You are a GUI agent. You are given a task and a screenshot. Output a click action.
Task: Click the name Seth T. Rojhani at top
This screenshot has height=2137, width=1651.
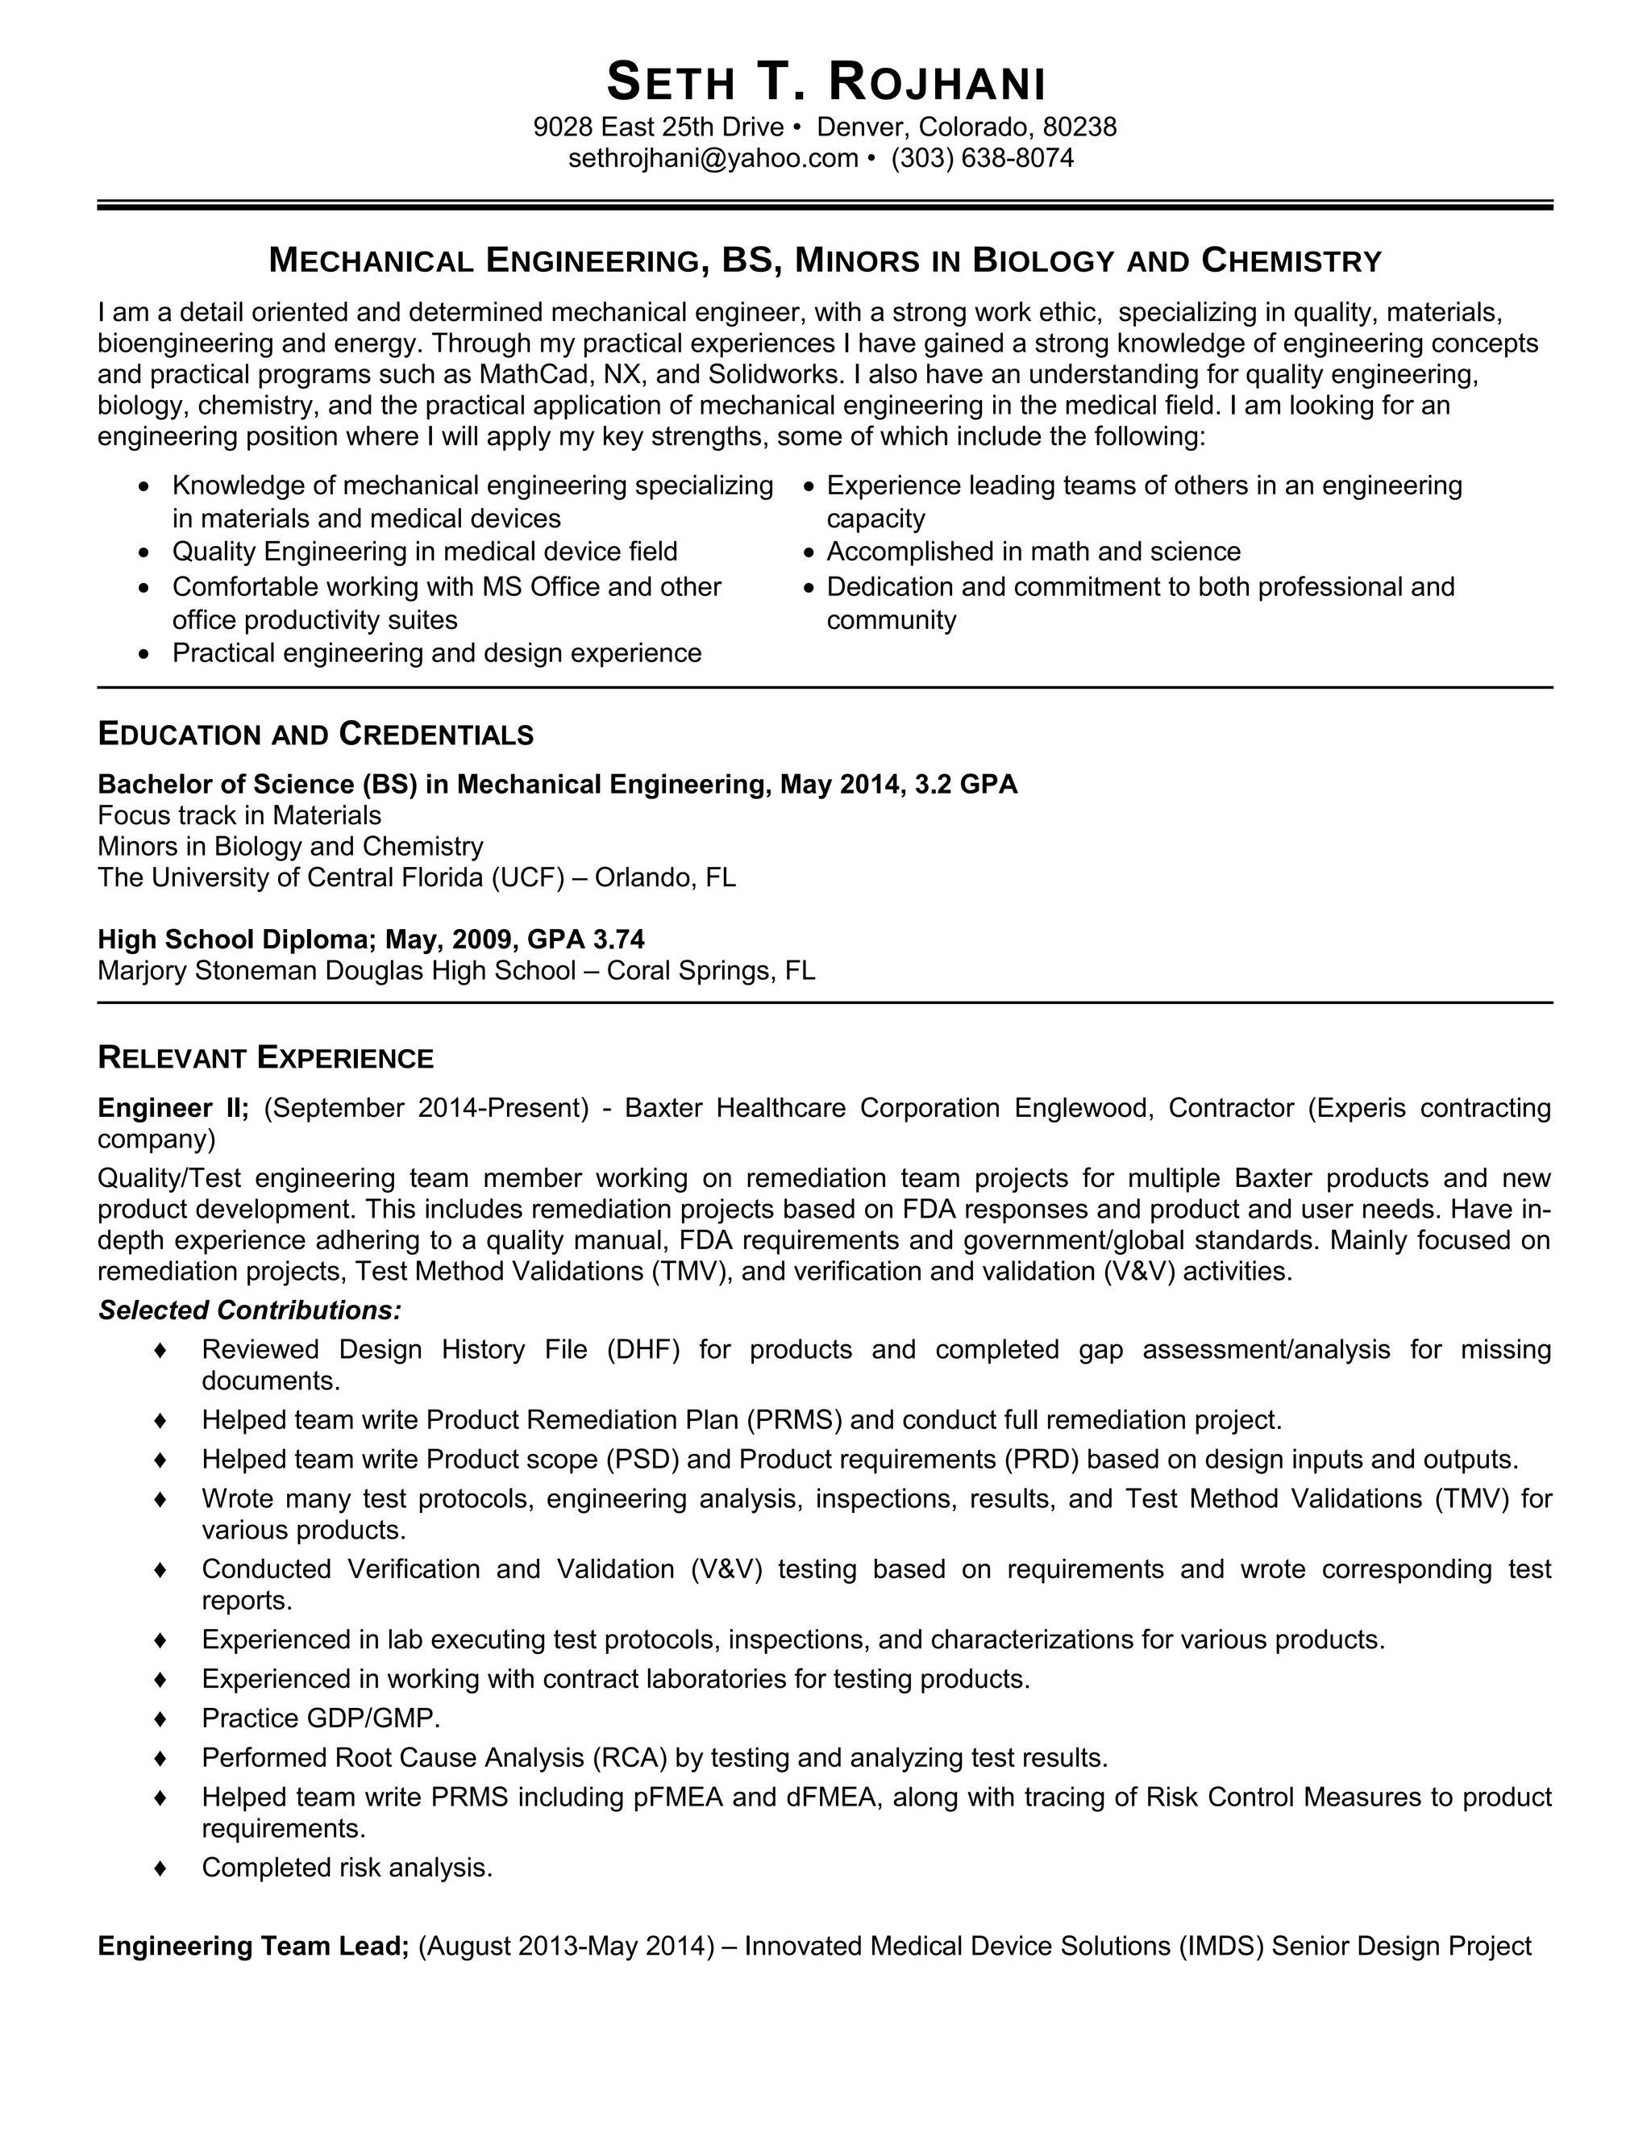tap(825, 82)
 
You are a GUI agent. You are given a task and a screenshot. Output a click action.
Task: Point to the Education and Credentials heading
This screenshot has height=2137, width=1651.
tap(315, 734)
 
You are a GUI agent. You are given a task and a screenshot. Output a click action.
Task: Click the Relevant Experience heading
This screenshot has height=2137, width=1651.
tap(265, 1058)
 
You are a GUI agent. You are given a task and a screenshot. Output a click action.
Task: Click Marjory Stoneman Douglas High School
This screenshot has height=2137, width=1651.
tap(336, 971)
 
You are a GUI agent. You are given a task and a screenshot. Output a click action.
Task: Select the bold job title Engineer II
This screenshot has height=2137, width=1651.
tap(173, 1108)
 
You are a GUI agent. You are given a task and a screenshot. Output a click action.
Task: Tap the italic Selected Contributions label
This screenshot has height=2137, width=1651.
tap(249, 1310)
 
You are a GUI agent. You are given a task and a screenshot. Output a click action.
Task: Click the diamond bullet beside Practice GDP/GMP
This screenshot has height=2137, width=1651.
tap(160, 1718)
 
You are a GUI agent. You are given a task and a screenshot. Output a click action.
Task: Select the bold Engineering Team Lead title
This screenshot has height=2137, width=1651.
tap(252, 1945)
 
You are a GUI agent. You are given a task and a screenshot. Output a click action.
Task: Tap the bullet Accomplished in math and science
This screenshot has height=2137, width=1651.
tap(1033, 552)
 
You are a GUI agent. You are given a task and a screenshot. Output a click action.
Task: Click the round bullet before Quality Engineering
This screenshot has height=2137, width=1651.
tap(145, 554)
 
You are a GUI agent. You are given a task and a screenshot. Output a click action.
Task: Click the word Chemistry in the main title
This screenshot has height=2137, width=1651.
tap(1291, 261)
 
